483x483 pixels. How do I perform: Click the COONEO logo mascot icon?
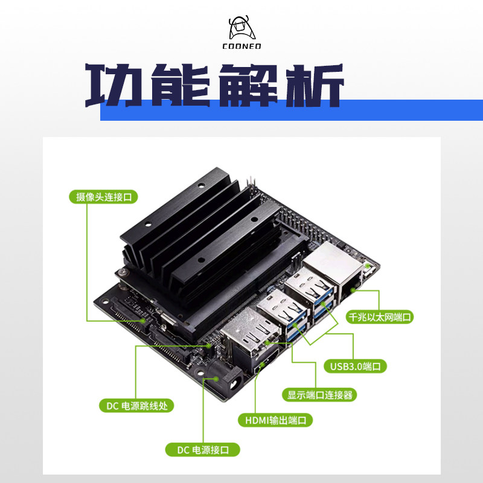point(240,27)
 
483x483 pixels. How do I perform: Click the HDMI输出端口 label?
point(275,420)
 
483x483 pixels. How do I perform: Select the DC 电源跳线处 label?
point(136,406)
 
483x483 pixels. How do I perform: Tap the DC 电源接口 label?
point(203,450)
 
